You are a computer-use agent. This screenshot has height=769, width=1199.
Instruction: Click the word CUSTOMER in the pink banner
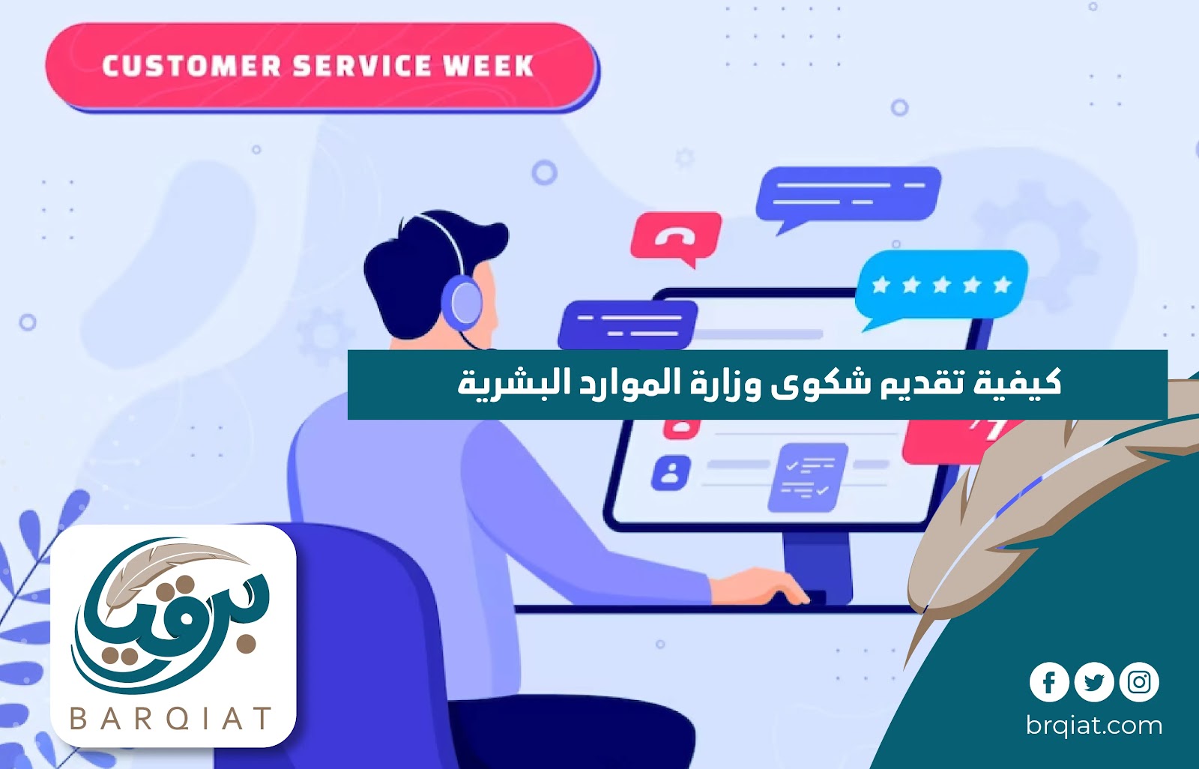192,67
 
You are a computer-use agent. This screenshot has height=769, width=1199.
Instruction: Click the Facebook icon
1049,682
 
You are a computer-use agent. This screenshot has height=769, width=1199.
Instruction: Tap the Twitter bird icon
1093,682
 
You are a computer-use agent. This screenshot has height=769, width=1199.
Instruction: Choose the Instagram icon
1139,682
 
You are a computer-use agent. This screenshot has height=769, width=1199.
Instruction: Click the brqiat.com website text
1094,726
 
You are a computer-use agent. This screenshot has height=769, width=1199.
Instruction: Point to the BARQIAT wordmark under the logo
172,718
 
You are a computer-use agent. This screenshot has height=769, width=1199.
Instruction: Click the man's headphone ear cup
462,301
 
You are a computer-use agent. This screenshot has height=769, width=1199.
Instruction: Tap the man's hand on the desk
760,587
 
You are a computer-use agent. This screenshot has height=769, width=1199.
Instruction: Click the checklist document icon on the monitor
808,477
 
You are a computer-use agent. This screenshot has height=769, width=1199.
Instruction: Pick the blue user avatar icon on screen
670,472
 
